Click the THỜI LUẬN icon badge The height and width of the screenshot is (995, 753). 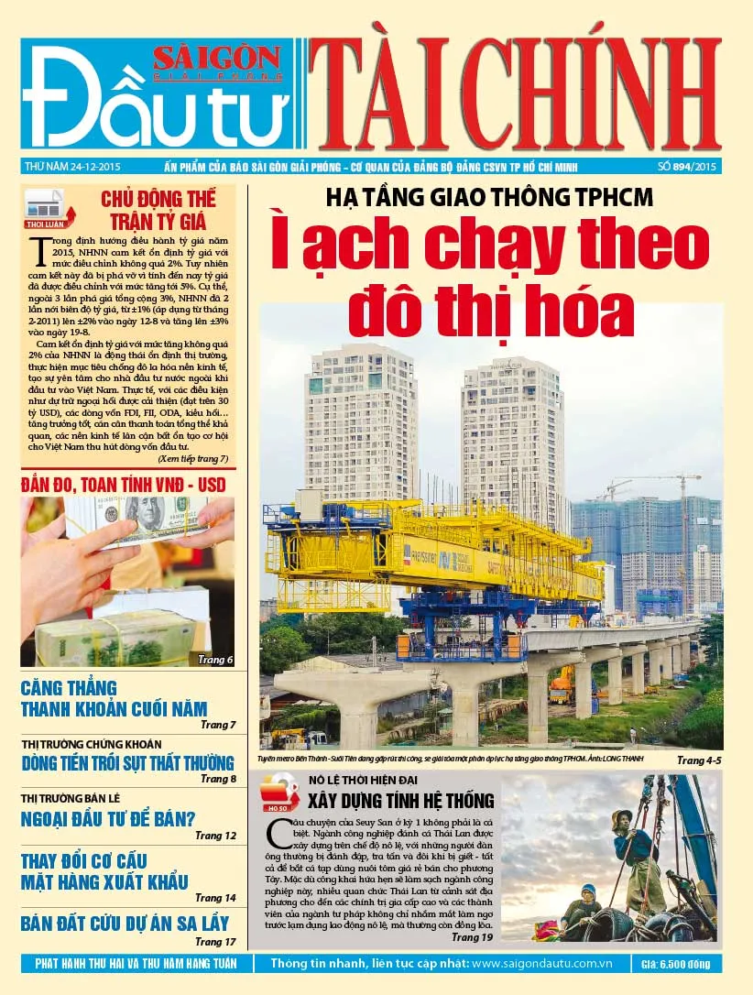click(x=44, y=209)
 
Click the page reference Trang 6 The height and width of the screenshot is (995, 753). click(x=216, y=659)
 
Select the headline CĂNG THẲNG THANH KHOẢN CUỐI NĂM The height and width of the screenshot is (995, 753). click(x=114, y=699)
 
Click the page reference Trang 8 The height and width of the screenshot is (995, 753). click(x=218, y=779)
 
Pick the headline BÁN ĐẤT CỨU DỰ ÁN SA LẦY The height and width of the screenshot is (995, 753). click(x=125, y=923)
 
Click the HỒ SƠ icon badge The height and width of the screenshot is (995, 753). click(x=279, y=793)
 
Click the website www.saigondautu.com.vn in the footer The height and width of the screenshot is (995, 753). click(x=544, y=964)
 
